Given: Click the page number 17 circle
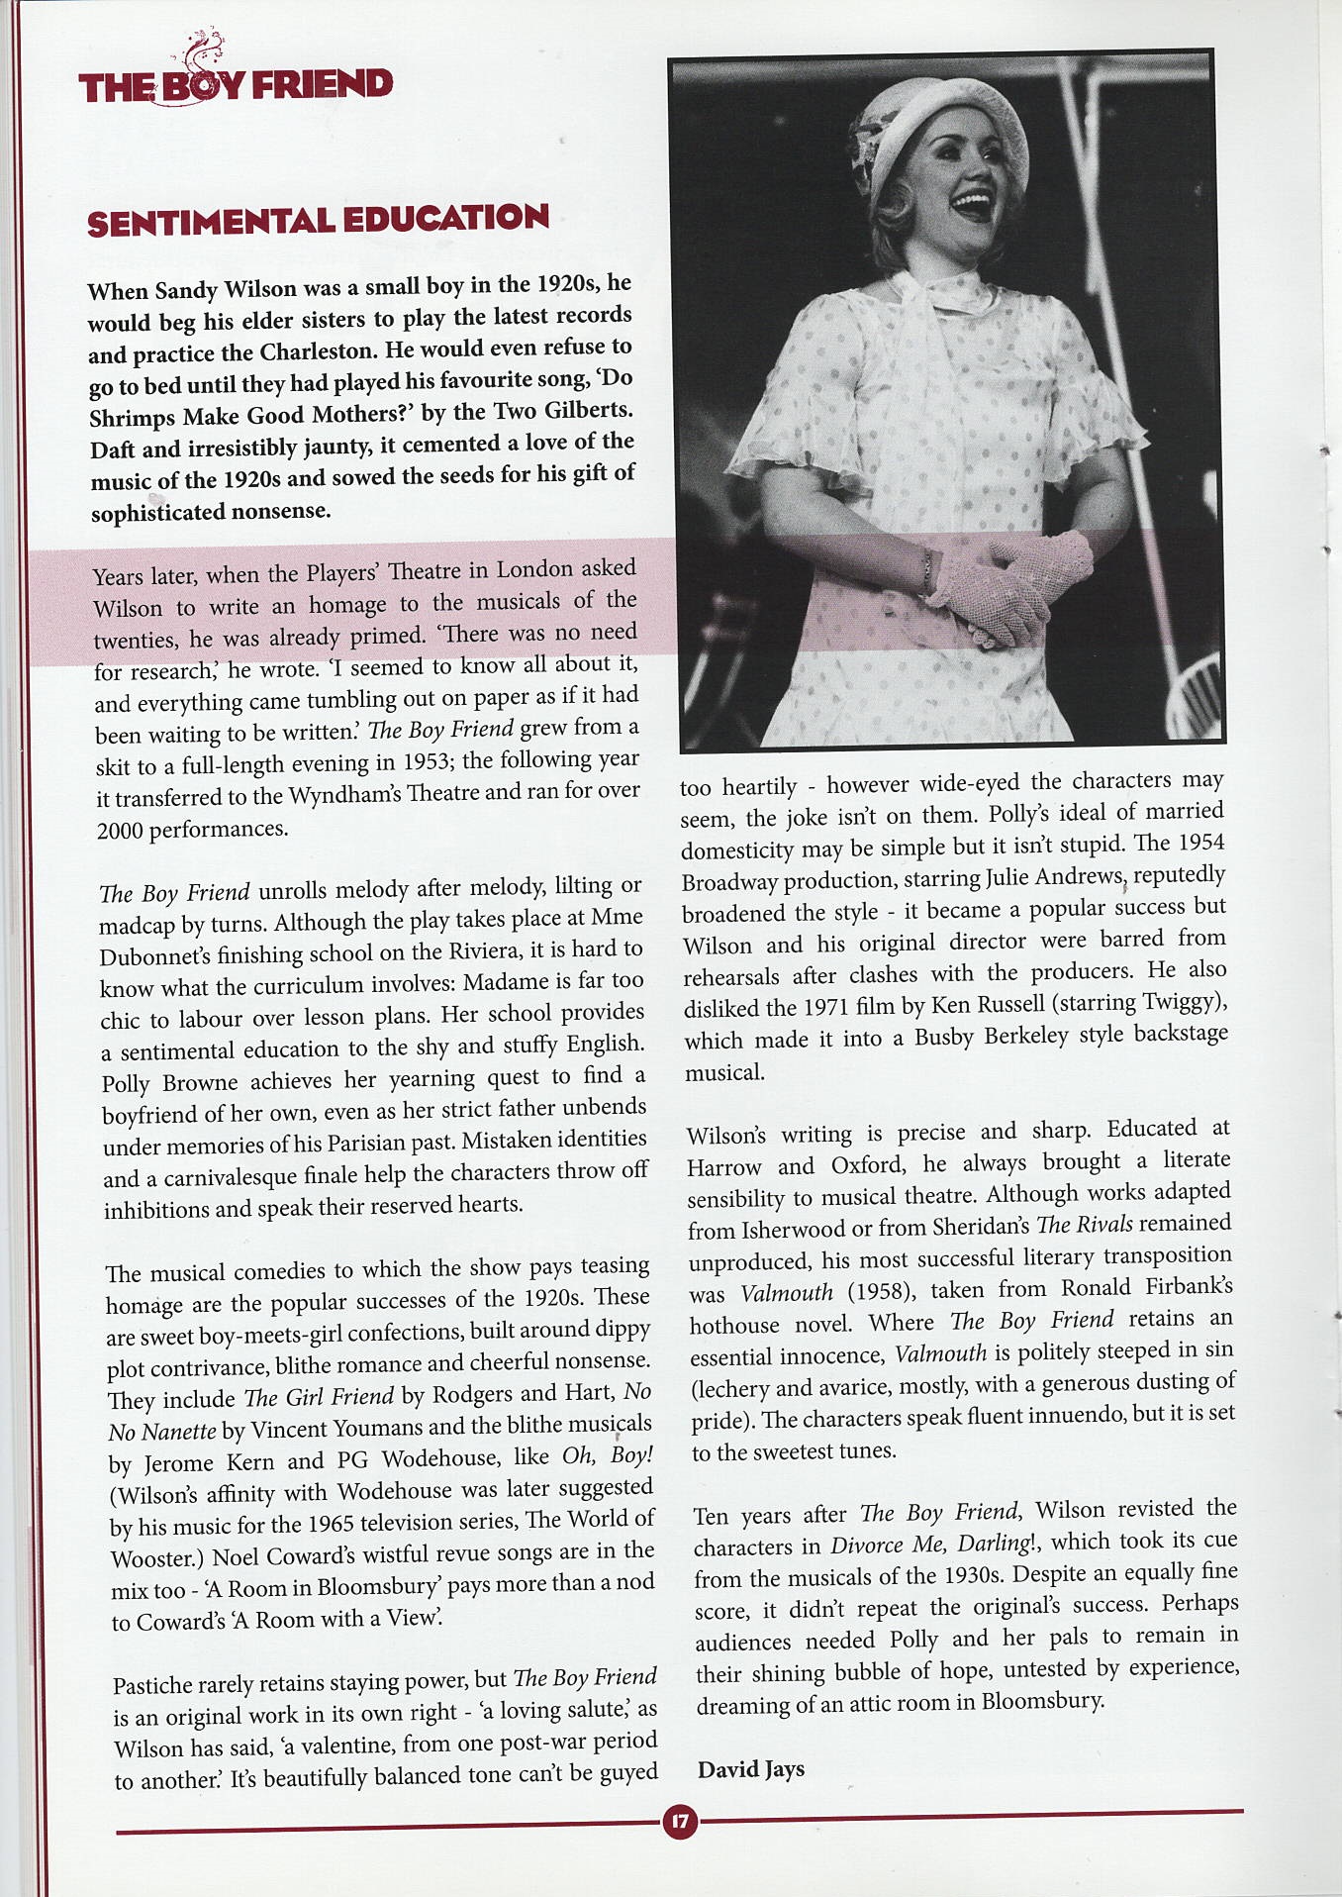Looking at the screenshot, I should coord(680,1821).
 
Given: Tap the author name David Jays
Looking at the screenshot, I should coord(750,1769).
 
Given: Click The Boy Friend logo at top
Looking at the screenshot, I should coord(236,83).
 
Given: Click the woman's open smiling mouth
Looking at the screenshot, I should coord(972,207).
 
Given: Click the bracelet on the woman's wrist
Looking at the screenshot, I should coord(927,572).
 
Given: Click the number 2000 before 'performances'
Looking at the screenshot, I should coord(120,831).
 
